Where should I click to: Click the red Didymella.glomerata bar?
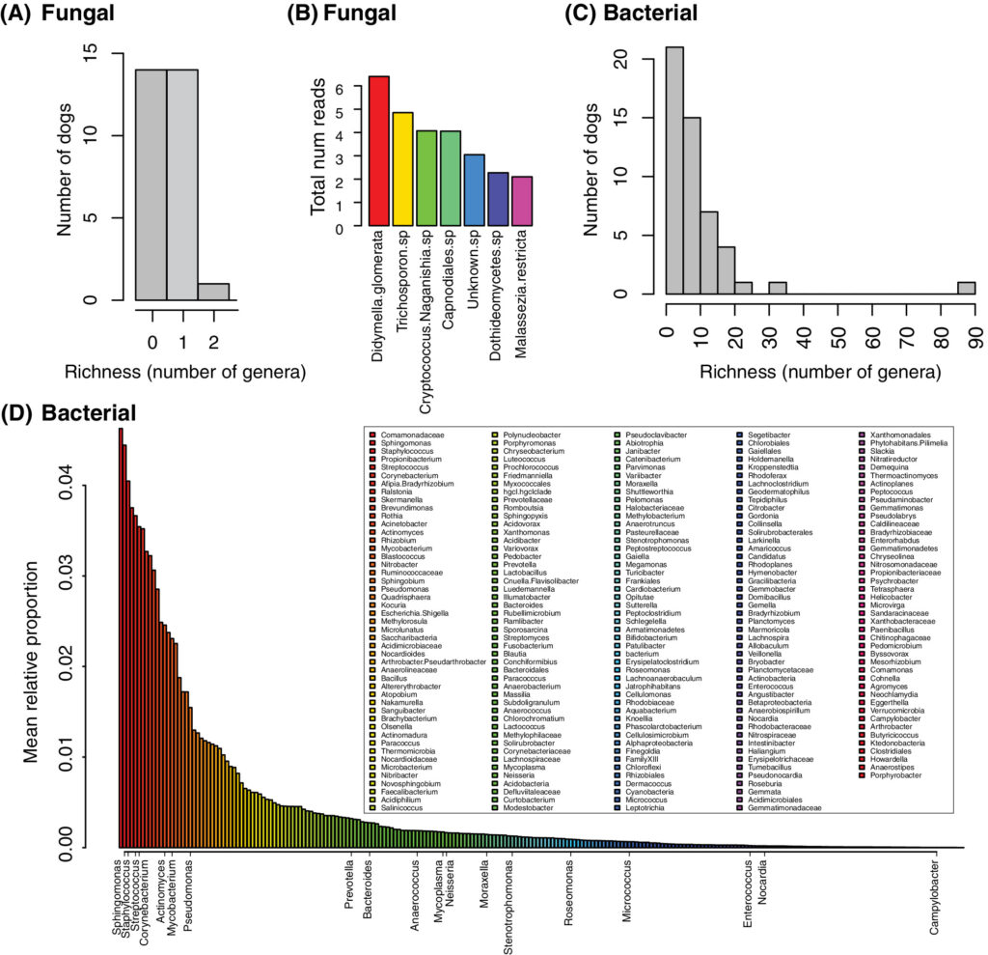coord(378,153)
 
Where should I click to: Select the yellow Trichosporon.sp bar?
coord(402,171)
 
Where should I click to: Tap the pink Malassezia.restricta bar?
coord(522,203)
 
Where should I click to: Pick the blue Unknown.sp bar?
coord(474,191)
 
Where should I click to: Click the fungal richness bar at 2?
coord(213,292)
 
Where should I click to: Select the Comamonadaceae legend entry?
coord(406,436)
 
